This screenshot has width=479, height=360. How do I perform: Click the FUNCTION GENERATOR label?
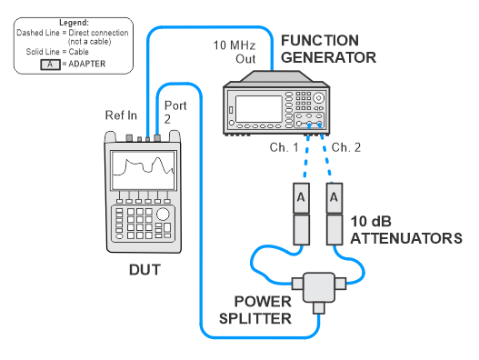[328, 49]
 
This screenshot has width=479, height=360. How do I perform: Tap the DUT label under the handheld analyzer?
[145, 270]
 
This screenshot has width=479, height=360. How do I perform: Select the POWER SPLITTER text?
[255, 310]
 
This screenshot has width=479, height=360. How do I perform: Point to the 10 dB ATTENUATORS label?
[406, 230]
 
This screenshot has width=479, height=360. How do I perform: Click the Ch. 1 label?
[284, 147]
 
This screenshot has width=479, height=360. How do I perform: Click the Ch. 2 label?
[346, 147]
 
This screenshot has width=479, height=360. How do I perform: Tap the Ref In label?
[121, 115]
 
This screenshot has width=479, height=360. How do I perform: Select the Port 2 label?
[175, 112]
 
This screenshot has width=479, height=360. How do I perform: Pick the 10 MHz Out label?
[235, 52]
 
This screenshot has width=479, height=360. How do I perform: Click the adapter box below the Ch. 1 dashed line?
[301, 198]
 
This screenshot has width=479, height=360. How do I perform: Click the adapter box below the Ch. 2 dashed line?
[334, 198]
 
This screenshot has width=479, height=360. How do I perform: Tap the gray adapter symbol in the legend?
[50, 65]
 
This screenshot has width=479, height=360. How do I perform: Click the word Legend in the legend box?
[74, 23]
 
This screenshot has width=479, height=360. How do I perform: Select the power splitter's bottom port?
[319, 308]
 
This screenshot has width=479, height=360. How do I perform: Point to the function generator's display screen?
[259, 109]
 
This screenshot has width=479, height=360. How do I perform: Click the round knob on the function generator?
[319, 98]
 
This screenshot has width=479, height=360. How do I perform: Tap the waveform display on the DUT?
[144, 171]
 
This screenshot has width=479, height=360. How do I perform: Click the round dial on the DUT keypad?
[163, 215]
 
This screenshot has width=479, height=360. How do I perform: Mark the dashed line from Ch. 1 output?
[306, 155]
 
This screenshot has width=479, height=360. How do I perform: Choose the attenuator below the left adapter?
[301, 229]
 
